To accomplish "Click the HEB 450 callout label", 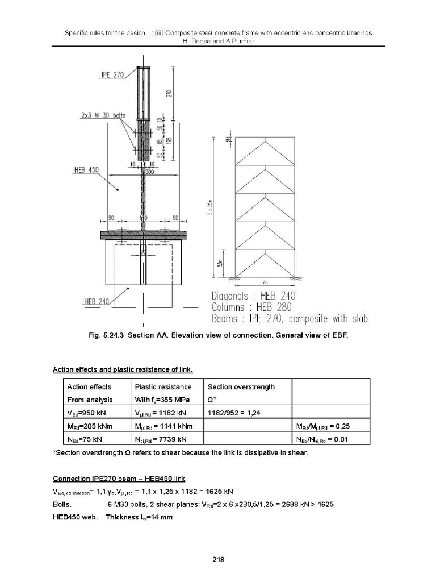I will [86, 169].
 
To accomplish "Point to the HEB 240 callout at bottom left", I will [96, 301].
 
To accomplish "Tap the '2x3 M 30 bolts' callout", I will [103, 115].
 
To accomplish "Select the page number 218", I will [219, 560].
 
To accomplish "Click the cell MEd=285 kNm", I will [86, 426].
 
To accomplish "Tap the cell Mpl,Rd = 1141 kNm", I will [163, 426].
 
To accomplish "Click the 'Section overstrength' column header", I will [241, 387].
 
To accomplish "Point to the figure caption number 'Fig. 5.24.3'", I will [108, 335].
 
